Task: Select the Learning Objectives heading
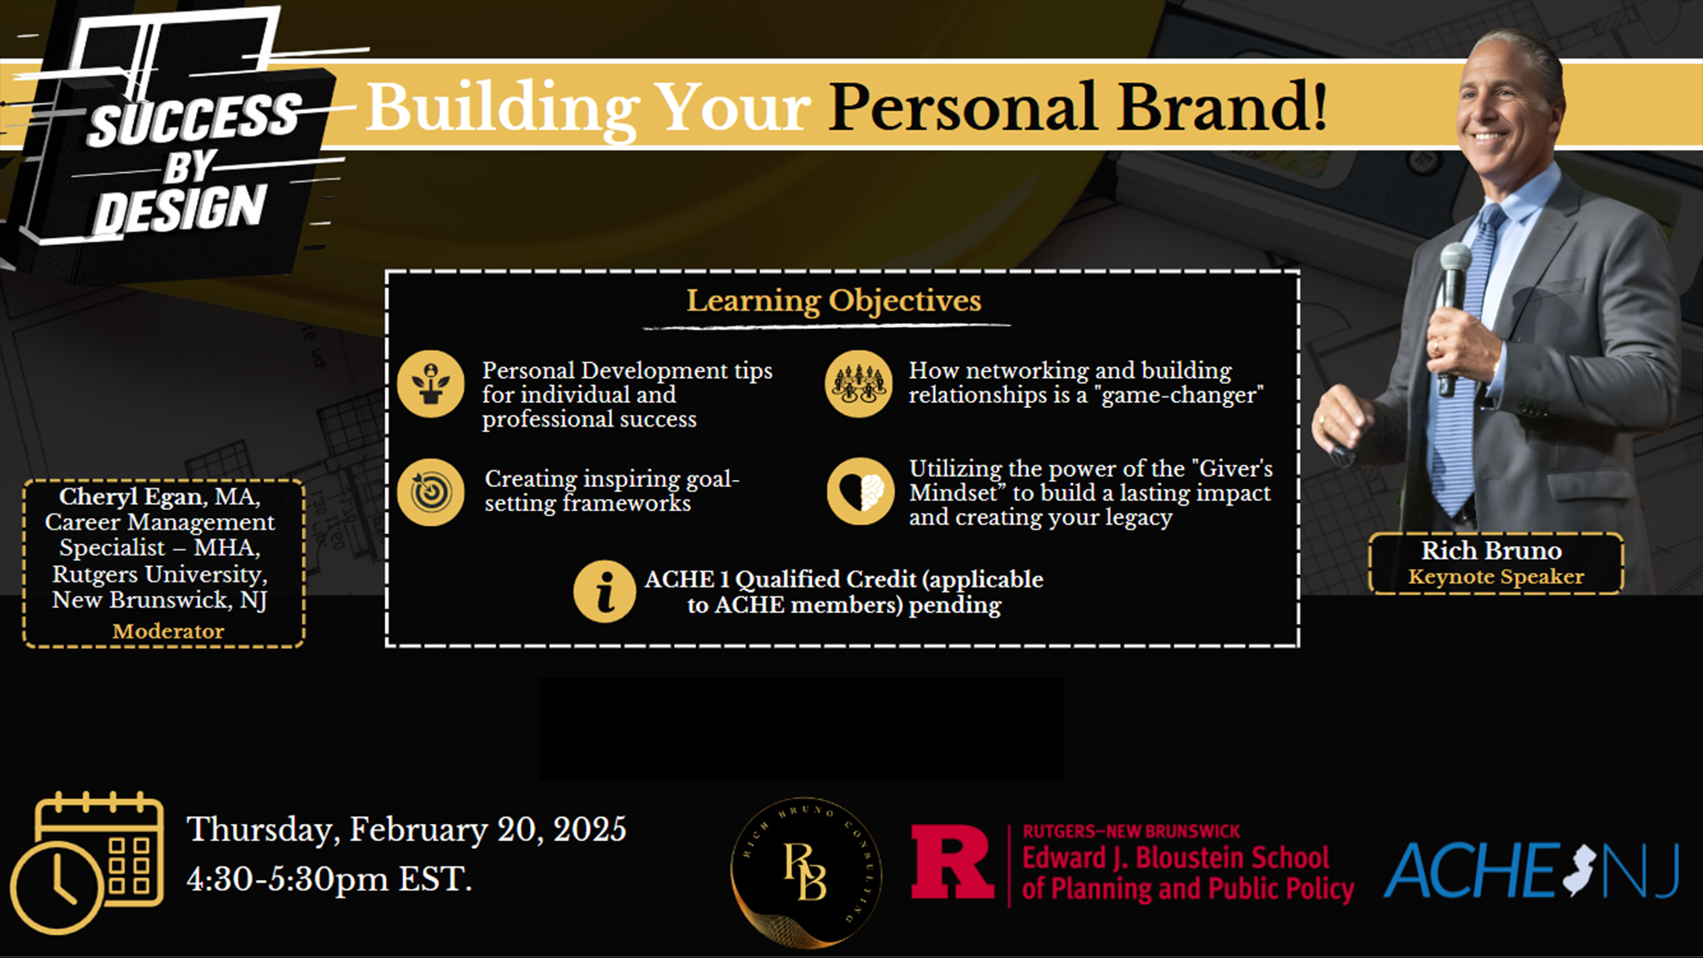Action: point(834,301)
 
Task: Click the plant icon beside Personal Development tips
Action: point(431,383)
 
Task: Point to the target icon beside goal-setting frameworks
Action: point(431,491)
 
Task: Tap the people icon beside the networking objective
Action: point(859,383)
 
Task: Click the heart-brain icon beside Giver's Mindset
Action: point(860,491)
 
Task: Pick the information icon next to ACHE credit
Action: point(605,591)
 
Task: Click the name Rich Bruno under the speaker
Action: point(1492,550)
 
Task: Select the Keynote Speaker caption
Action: point(1496,577)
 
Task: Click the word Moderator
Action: point(168,631)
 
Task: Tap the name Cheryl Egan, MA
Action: point(160,496)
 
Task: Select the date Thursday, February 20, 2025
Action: point(406,829)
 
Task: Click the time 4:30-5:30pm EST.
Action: point(329,879)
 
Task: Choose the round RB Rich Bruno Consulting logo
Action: point(805,872)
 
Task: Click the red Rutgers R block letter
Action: point(953,862)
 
